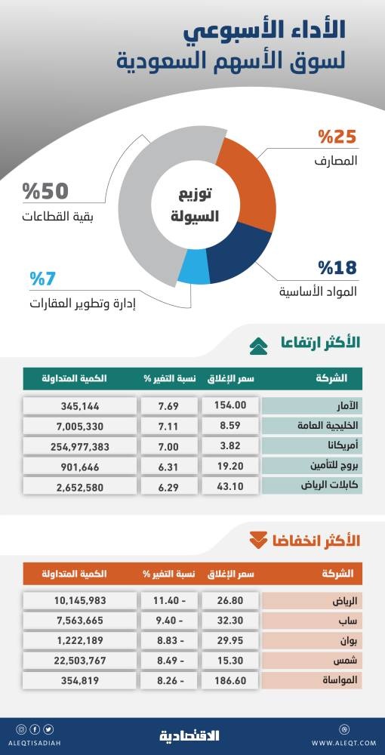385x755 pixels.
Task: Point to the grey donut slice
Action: tap(143, 204)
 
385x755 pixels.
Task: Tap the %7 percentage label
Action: tap(45, 279)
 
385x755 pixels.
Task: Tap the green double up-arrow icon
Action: tap(259, 345)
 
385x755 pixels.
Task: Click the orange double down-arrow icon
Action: tap(259, 540)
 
